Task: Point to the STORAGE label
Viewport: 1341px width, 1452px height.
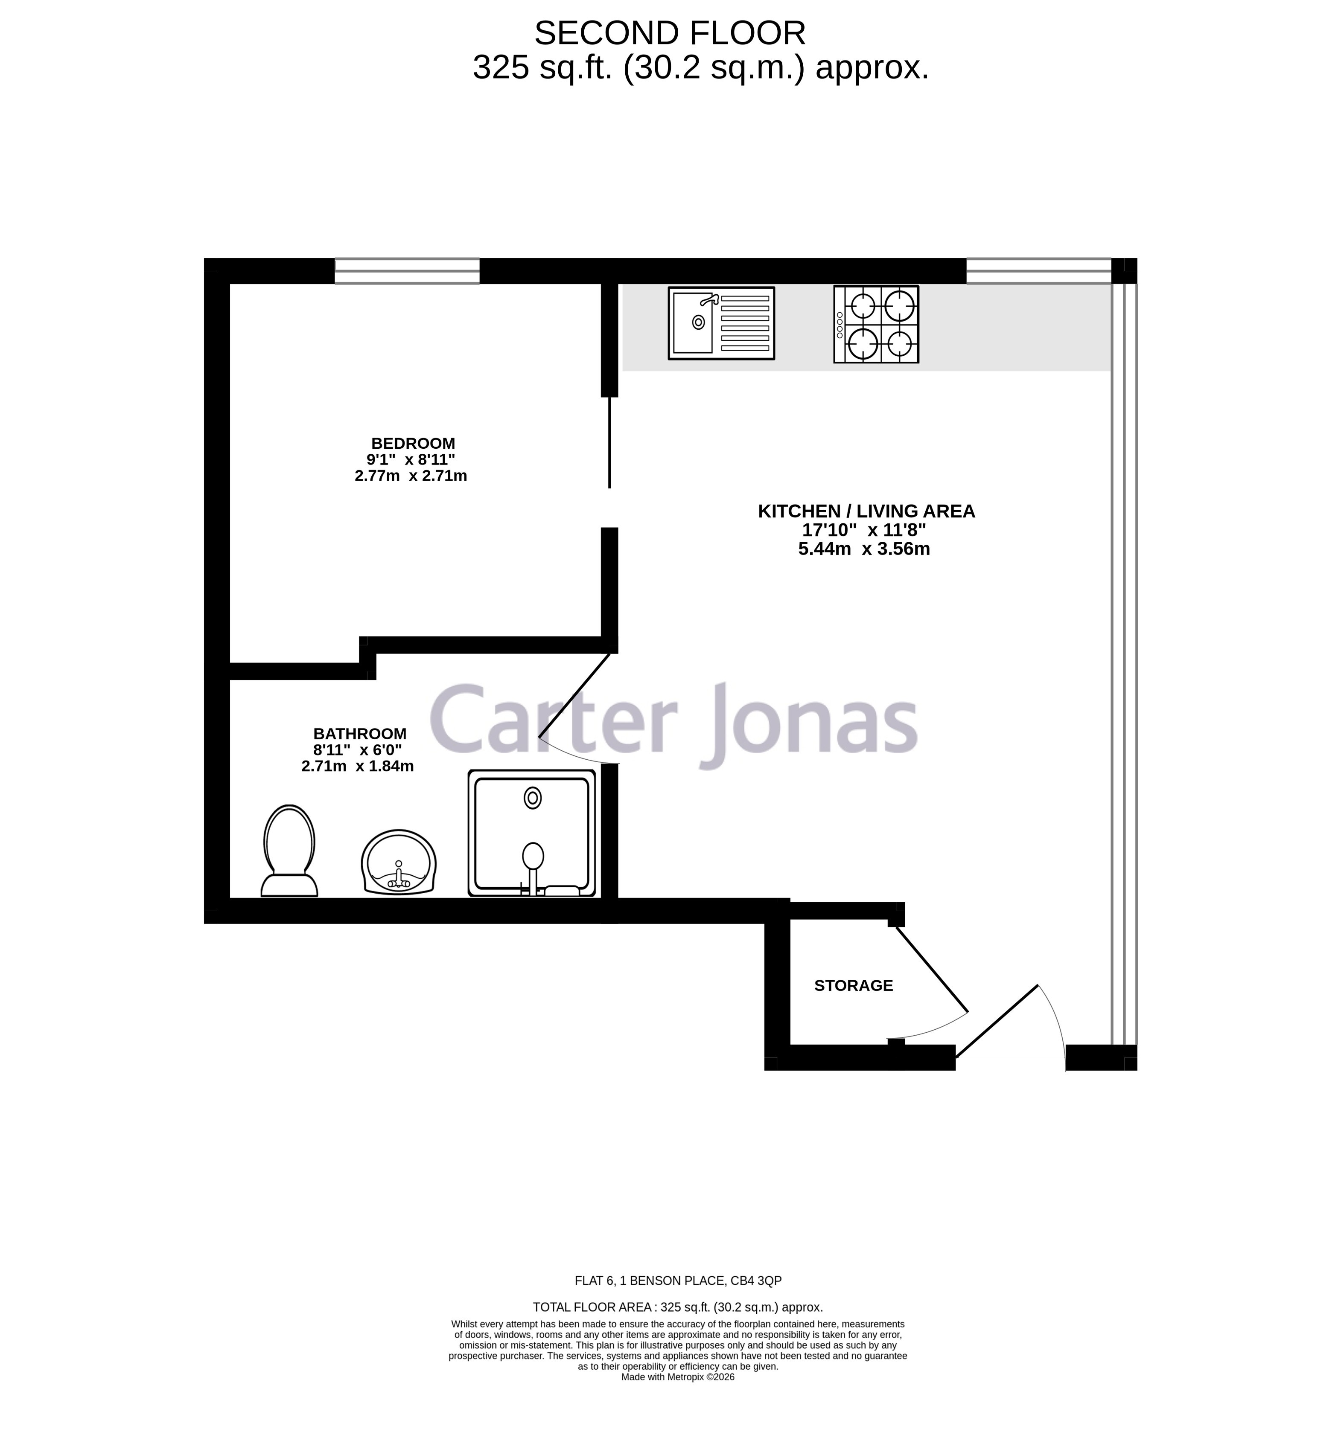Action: [x=853, y=986]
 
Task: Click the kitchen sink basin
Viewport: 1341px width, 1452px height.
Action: [x=693, y=323]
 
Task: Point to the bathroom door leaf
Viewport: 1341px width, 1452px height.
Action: [x=575, y=695]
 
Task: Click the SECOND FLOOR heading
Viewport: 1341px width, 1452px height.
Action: [x=670, y=33]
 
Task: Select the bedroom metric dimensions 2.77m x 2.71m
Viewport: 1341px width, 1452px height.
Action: [x=411, y=476]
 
